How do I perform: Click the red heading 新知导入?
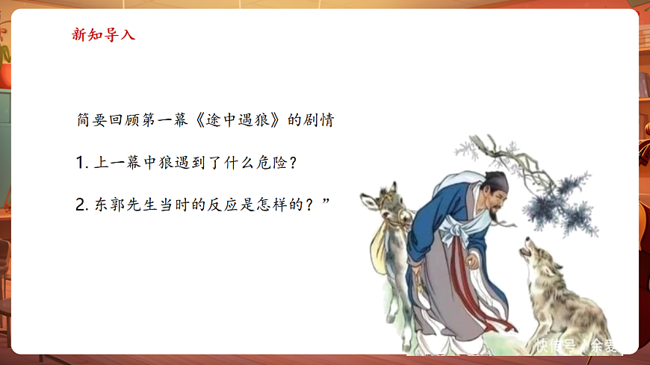(x=103, y=34)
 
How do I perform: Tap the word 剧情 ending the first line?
(x=318, y=120)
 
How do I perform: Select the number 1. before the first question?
(x=82, y=163)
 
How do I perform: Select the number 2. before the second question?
(x=83, y=205)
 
